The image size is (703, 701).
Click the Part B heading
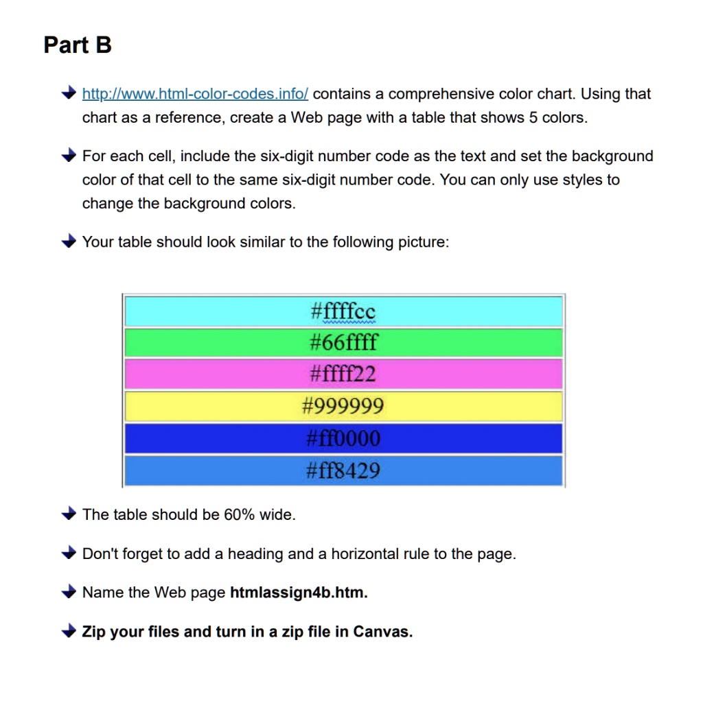(x=77, y=45)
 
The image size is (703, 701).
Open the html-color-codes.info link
(x=195, y=94)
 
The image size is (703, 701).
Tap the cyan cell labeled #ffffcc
(x=343, y=312)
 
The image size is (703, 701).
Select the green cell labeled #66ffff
(x=343, y=342)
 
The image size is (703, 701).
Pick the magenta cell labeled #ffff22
(x=343, y=374)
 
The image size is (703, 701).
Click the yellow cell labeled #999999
(x=343, y=406)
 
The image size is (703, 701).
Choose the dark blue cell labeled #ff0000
(x=343, y=438)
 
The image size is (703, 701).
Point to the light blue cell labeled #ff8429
(x=343, y=471)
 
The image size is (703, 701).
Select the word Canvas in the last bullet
(x=381, y=632)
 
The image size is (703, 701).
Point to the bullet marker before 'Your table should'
(x=67, y=241)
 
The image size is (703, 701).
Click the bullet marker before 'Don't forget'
(x=67, y=553)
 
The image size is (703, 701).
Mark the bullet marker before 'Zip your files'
(x=67, y=631)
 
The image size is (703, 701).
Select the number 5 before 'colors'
(x=533, y=117)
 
